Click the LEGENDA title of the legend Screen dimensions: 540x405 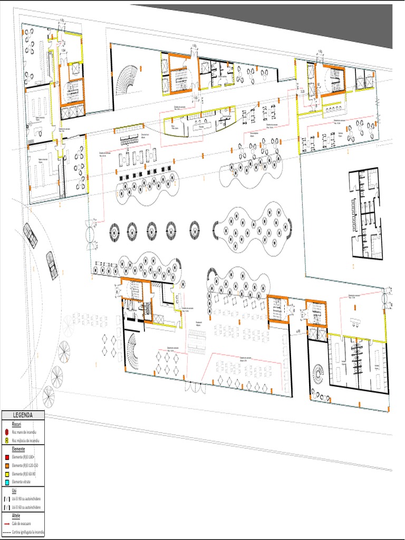click(x=22, y=416)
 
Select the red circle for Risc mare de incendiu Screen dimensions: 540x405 click(x=6, y=432)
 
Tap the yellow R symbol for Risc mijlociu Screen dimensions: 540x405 click(x=6, y=440)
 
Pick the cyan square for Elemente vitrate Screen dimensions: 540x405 click(x=6, y=482)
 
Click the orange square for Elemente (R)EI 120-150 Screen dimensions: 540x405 click(x=6, y=465)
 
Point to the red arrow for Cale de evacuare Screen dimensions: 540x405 click(x=7, y=524)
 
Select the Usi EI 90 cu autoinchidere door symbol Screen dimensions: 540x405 click(x=6, y=498)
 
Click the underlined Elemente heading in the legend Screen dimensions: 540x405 click(x=18, y=448)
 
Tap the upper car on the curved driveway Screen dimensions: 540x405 click(x=30, y=235)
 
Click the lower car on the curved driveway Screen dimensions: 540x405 click(x=51, y=265)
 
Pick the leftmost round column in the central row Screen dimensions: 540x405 click(x=115, y=230)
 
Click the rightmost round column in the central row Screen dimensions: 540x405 click(x=195, y=230)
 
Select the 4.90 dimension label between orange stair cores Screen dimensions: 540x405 click(x=298, y=331)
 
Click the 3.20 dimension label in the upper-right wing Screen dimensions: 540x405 click(x=302, y=91)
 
